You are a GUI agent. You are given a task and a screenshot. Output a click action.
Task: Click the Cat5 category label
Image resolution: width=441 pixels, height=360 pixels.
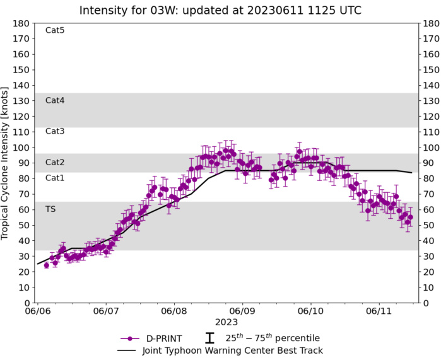point(55,30)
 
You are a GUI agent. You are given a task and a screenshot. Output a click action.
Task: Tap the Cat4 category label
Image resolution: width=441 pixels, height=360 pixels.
point(55,100)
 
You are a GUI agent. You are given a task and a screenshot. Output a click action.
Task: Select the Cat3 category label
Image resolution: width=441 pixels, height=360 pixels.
point(55,131)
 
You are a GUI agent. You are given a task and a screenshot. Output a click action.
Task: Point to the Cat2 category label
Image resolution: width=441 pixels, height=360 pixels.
point(55,163)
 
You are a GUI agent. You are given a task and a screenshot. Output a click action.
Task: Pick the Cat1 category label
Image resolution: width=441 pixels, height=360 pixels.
point(55,178)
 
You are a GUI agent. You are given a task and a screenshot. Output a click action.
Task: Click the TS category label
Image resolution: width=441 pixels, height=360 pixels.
point(50,209)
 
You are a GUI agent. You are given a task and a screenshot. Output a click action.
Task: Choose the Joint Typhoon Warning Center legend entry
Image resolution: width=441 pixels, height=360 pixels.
point(221,351)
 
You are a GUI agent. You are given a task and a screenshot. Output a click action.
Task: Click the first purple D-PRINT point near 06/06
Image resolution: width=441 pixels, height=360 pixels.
point(46,265)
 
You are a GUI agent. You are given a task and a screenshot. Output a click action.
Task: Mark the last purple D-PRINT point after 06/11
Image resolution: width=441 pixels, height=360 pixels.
point(410,217)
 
